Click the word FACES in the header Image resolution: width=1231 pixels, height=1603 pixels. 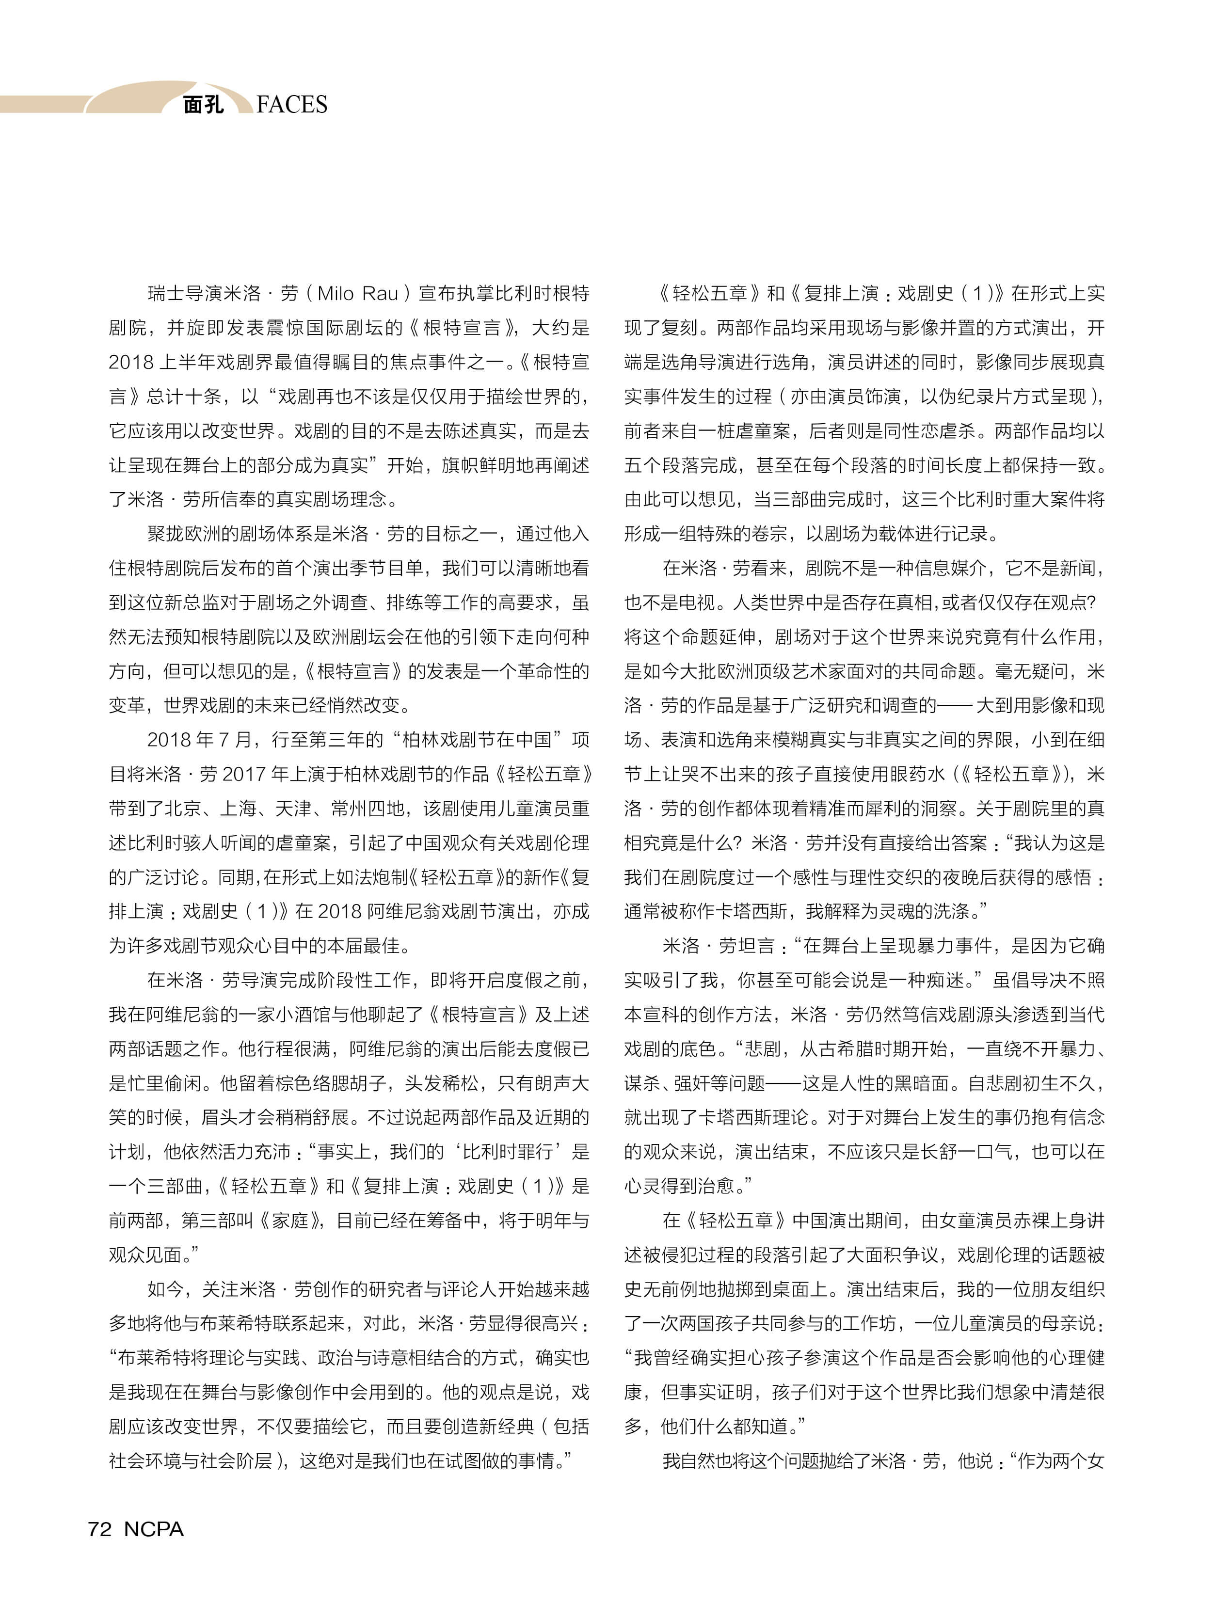[x=292, y=105]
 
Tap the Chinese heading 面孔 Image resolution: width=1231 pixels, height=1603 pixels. [x=203, y=105]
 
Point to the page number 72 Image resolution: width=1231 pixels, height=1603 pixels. [x=100, y=1528]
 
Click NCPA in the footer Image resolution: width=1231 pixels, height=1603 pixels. [x=154, y=1528]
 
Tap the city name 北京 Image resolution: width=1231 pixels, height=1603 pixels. [x=182, y=808]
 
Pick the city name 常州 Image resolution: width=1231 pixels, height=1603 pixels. [x=350, y=808]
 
